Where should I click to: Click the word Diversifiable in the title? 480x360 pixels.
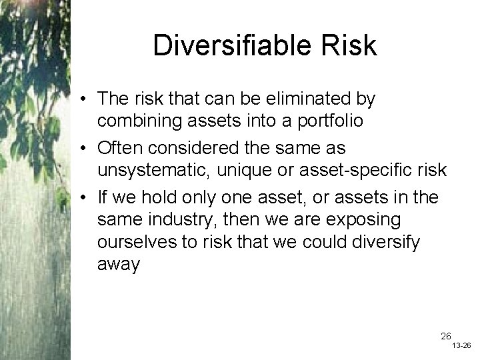tap(231, 46)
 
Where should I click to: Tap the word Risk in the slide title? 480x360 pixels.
tap(345, 46)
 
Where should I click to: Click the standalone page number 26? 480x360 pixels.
tap(445, 336)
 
